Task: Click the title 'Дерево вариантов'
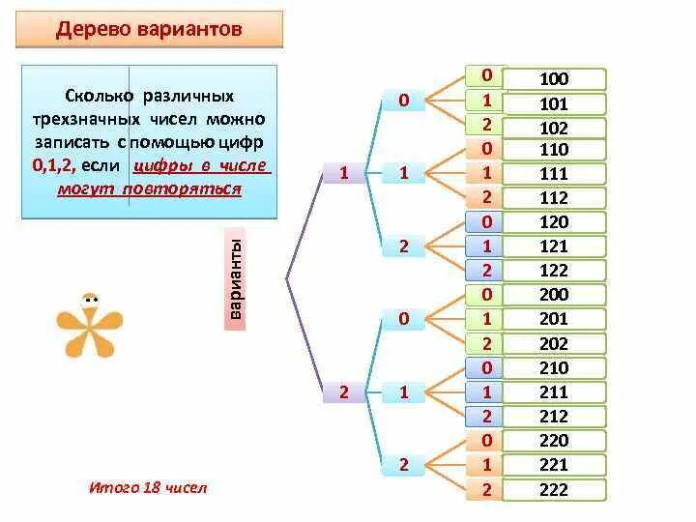coord(149,29)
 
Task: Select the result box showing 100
coord(555,79)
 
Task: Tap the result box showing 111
coord(555,174)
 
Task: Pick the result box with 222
coord(555,489)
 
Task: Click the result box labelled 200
coord(555,295)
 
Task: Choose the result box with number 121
coord(555,246)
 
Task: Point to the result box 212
coord(555,417)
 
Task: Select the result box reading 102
coord(555,128)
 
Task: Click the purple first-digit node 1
coord(343,173)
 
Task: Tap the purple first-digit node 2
coord(343,391)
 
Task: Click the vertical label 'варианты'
coord(236,279)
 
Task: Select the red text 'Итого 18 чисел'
coord(148,487)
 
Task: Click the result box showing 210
coord(555,368)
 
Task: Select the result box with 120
coord(555,222)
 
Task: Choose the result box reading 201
coord(555,319)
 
